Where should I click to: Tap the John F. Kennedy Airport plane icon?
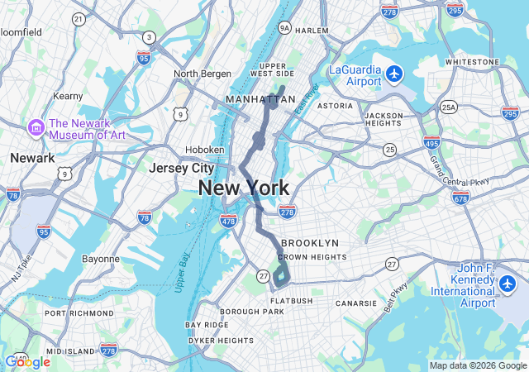(508, 284)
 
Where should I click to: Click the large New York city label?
(244, 188)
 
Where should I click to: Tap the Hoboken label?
(205, 150)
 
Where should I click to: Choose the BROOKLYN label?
(310, 243)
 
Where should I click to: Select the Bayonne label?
(101, 259)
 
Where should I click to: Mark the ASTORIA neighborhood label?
(336, 106)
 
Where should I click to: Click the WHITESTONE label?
(472, 62)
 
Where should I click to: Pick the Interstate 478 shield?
(229, 221)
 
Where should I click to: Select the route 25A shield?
(449, 107)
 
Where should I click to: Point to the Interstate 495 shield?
(431, 142)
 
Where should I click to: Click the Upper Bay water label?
(183, 272)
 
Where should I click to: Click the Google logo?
(27, 362)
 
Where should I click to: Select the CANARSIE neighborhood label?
(358, 303)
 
